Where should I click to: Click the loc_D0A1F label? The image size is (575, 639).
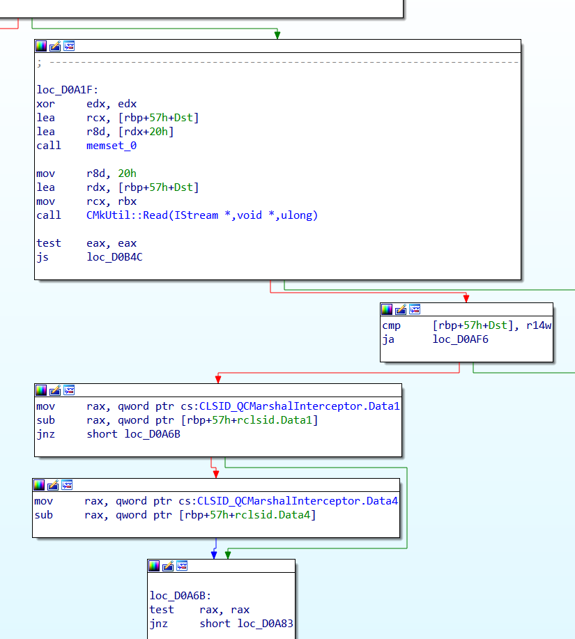pos(68,90)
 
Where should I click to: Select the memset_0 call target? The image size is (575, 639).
pos(112,146)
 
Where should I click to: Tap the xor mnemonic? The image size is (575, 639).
pos(45,104)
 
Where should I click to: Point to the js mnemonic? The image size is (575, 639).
pos(43,257)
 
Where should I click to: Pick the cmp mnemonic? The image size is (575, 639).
pos(391,325)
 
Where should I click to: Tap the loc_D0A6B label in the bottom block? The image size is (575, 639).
pos(181,596)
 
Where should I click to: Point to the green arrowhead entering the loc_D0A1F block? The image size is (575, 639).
pos(277,35)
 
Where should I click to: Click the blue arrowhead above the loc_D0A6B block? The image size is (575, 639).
pos(215,555)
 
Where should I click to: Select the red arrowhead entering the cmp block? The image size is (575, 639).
pos(466,298)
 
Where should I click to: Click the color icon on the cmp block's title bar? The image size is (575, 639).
pos(387,309)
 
